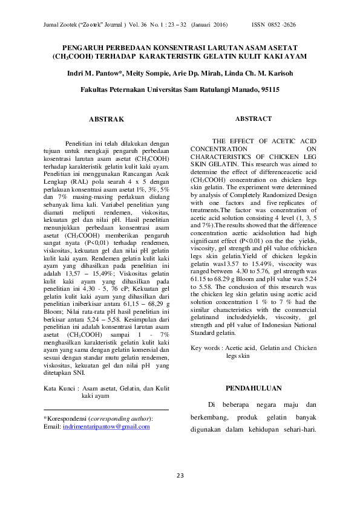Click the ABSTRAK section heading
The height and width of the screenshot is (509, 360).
click(x=106, y=119)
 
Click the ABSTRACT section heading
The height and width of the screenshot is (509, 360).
click(x=254, y=119)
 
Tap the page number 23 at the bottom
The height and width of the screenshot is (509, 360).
click(x=180, y=475)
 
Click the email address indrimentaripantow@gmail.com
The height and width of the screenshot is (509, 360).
click(x=106, y=427)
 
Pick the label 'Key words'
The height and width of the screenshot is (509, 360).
click(x=205, y=348)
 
